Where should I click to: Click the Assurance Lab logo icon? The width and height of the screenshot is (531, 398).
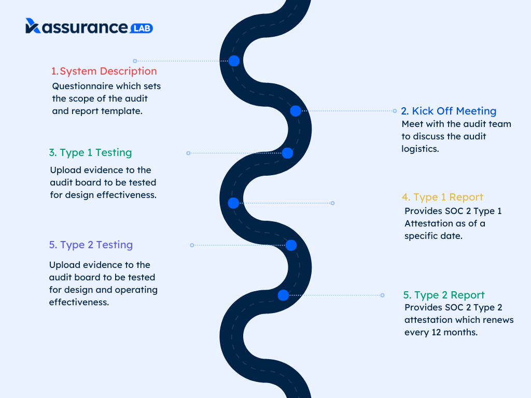33,26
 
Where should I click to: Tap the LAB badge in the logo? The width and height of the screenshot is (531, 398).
142,28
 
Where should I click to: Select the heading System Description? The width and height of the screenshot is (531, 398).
104,71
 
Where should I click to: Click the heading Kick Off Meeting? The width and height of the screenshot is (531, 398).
449,111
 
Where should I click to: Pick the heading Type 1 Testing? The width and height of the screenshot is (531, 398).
90,153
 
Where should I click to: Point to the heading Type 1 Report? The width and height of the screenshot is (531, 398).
442,197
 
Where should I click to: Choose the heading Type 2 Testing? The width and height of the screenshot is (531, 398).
91,245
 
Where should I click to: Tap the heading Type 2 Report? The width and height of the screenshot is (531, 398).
444,295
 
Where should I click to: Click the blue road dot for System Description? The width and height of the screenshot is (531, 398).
234,61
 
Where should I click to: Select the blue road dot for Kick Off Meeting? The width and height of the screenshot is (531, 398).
296,110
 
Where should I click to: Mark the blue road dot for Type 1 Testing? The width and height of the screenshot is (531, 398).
287,153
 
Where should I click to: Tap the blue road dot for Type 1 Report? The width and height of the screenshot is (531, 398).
233,203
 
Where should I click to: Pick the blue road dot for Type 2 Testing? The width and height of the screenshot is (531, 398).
291,245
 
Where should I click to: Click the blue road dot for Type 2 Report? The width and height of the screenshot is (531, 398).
283,295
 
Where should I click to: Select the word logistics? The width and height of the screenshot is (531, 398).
420,149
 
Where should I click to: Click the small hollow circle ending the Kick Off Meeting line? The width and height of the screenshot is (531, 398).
395,111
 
